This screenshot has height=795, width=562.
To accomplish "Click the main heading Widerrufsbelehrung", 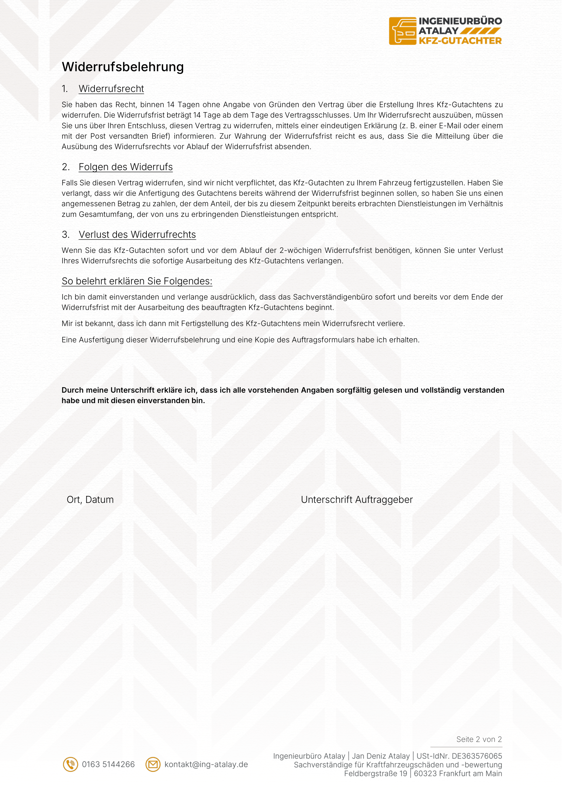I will pos(123,67).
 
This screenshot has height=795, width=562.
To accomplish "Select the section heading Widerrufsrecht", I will pos(111,89).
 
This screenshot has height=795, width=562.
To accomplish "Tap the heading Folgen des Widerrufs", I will pos(125,167).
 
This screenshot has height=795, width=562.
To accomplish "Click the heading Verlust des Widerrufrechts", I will pos(137,235).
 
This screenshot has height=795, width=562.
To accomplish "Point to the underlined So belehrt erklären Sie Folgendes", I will pos(137,281).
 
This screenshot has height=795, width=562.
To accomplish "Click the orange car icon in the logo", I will pos(402,31).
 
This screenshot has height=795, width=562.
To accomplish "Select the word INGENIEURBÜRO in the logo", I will pos(460,21).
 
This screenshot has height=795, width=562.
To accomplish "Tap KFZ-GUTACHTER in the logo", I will pos(460,41).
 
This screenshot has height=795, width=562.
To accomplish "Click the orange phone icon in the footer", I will pos(70,764).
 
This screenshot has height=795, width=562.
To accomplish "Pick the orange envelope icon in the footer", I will pos(153,764).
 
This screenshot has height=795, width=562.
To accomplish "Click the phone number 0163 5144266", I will pos(108,764).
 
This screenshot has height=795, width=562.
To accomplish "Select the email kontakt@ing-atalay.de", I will pos(206,764).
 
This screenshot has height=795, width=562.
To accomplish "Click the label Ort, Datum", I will pos(90,500).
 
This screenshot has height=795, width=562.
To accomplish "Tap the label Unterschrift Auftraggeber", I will pos(356,500).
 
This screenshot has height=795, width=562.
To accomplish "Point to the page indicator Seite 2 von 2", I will pos(479,739).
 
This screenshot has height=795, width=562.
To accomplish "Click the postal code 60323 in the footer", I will pos(425,773).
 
